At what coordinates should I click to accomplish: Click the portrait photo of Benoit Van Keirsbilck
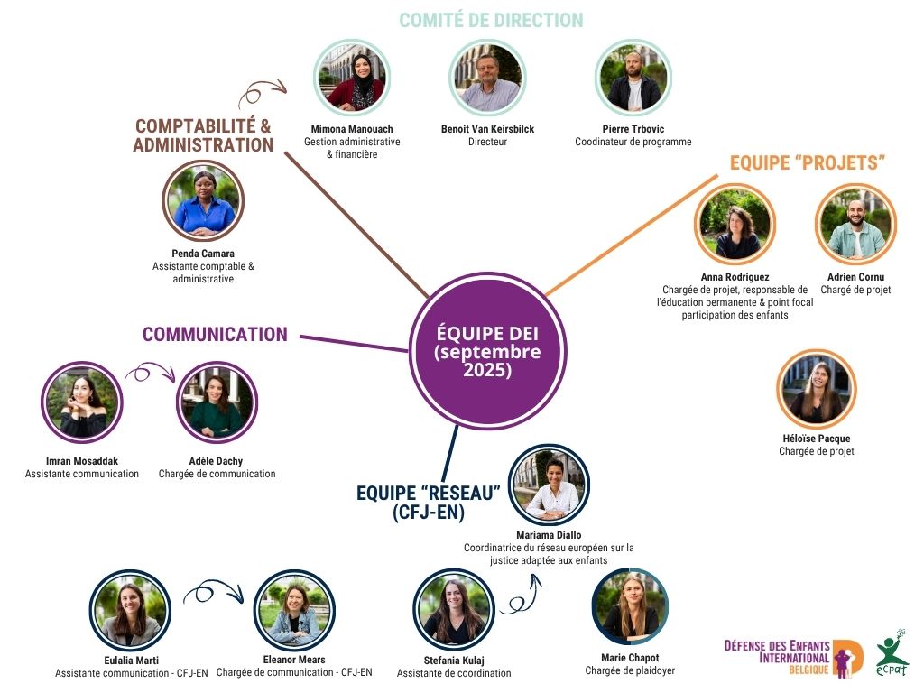(486, 79)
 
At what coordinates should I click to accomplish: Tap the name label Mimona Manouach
(352, 129)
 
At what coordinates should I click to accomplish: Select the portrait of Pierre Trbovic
(633, 79)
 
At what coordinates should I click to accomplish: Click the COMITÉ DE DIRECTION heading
(491, 20)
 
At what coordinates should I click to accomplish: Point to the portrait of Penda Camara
(203, 200)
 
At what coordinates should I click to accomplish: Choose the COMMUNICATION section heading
(215, 335)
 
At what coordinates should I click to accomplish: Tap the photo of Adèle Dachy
(217, 402)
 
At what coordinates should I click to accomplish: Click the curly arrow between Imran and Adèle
(148, 374)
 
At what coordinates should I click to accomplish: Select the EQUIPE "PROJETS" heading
(807, 163)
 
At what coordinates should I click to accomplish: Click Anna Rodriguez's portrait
(734, 223)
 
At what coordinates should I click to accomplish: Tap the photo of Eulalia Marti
(130, 610)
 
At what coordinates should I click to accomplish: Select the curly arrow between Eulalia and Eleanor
(213, 592)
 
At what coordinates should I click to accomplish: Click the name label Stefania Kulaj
(454, 660)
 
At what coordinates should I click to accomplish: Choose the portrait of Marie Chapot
(631, 606)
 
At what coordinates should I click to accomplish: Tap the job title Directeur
(487, 142)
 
